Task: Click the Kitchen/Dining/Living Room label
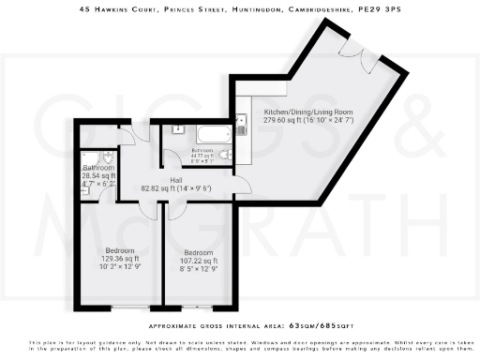[295, 112]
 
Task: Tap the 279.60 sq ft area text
[295, 120]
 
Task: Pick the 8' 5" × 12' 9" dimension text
[198, 268]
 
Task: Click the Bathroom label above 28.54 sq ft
[98, 168]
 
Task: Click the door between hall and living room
[240, 183]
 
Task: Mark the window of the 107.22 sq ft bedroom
[197, 307]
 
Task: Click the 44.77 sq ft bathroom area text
[203, 156]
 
